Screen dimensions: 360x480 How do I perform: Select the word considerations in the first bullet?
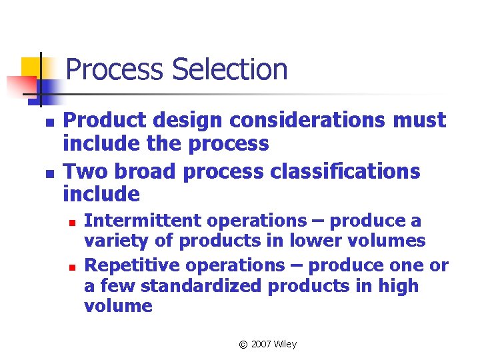pos(299,121)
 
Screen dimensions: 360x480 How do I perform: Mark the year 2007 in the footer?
pos(261,344)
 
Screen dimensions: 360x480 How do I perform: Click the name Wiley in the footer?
pos(285,344)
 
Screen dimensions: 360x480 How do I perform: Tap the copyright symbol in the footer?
pos(243,344)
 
